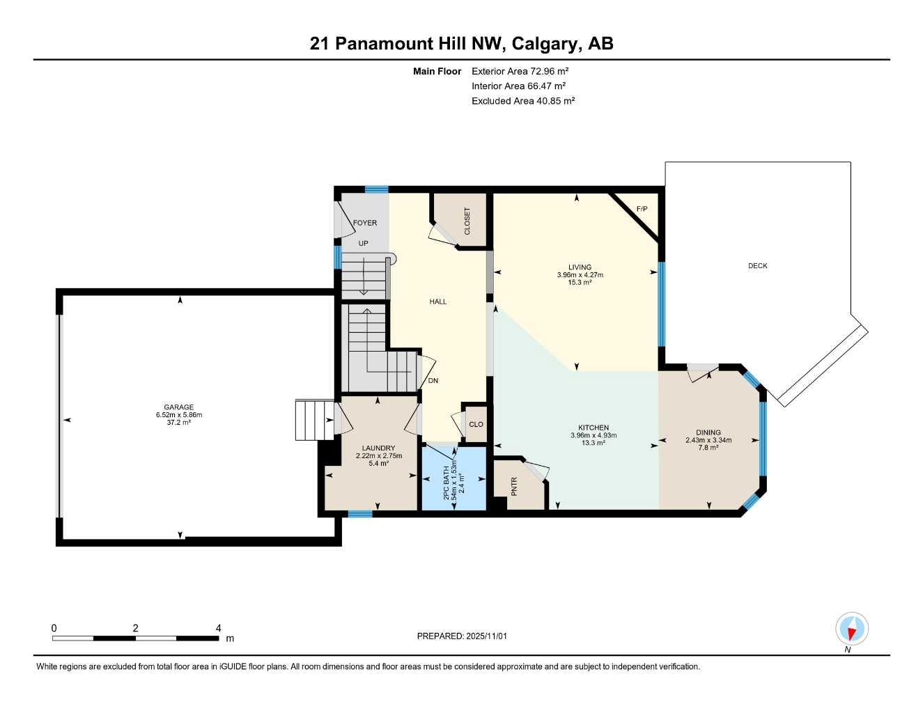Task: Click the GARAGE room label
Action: click(178, 407)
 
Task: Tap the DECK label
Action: click(757, 266)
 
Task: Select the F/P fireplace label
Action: click(642, 209)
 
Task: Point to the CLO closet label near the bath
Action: click(476, 424)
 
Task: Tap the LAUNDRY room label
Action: click(378, 448)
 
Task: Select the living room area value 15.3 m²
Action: click(580, 283)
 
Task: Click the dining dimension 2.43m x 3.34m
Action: click(708, 440)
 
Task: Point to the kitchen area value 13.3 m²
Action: click(594, 443)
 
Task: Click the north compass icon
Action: click(851, 629)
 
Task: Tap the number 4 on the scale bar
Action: click(219, 628)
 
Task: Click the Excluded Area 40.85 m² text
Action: click(523, 101)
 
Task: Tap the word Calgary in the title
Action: click(545, 44)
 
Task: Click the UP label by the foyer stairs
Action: click(363, 244)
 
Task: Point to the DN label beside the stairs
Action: click(433, 381)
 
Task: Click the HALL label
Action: click(437, 301)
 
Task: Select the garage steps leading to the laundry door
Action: click(314, 420)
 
